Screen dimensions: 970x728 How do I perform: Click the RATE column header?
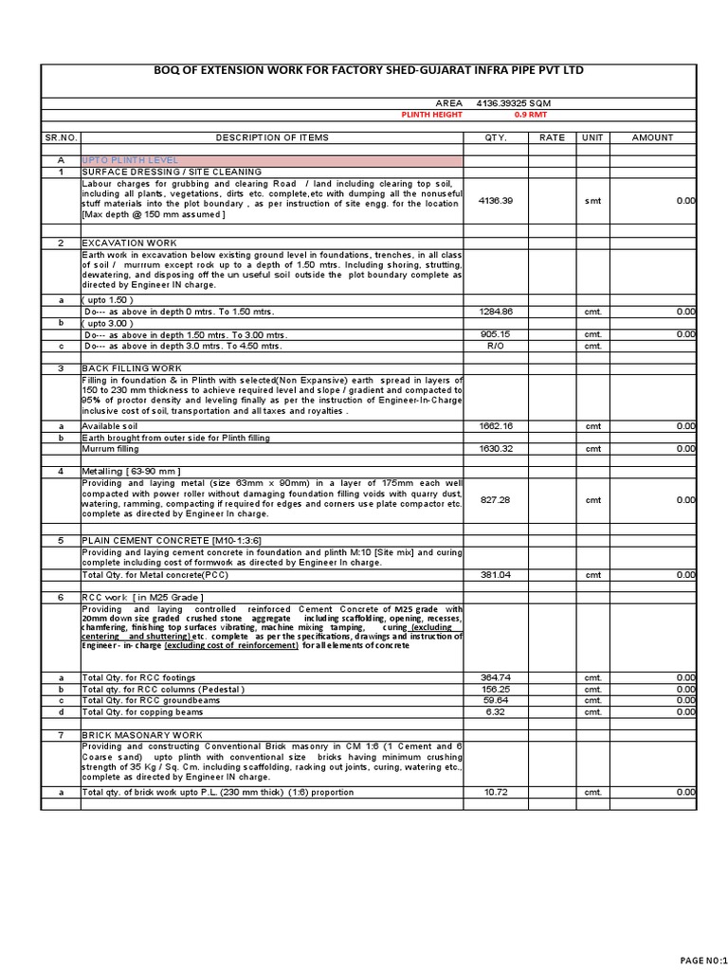pyautogui.click(x=552, y=137)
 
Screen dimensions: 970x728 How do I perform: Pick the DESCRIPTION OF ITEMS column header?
pyautogui.click(x=272, y=137)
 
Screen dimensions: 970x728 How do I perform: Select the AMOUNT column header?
pyautogui.click(x=652, y=137)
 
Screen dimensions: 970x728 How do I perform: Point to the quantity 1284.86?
pyautogui.click(x=496, y=312)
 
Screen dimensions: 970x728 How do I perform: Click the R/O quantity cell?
pyautogui.click(x=496, y=346)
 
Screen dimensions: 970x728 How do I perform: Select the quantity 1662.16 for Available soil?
pyautogui.click(x=496, y=426)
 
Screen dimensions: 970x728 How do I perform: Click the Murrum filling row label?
pyautogui.click(x=111, y=449)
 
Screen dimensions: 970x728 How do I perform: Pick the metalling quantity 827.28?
pyautogui.click(x=496, y=499)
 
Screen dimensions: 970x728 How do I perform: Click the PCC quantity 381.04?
pyautogui.click(x=496, y=574)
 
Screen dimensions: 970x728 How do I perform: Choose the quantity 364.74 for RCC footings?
pyautogui.click(x=496, y=677)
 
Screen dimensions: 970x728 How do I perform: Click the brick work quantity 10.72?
pyautogui.click(x=496, y=792)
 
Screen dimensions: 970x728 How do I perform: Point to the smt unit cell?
pyautogui.click(x=592, y=201)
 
